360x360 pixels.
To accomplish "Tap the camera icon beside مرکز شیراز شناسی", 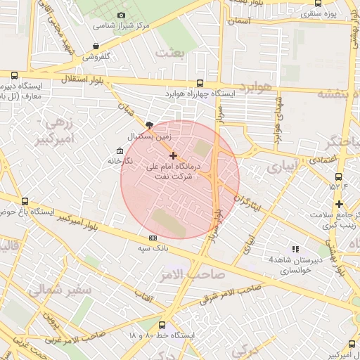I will (x=122, y=15).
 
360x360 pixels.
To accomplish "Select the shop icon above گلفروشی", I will (x=96, y=46).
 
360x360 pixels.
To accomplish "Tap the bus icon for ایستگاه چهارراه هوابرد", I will (x=200, y=82).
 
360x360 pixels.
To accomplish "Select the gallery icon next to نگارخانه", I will (x=120, y=150).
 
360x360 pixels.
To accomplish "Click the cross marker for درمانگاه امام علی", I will (x=174, y=155).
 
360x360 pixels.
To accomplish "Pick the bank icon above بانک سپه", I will (x=153, y=238).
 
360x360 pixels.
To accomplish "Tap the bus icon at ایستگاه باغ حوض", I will (x=25, y=202).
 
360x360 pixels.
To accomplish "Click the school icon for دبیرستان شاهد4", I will (x=295, y=249).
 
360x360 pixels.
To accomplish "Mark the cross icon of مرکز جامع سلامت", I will (x=339, y=203).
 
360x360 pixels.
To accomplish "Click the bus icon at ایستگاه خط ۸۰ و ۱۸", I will (x=162, y=325).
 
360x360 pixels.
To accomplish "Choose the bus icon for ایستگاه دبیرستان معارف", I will (x=14, y=75).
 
